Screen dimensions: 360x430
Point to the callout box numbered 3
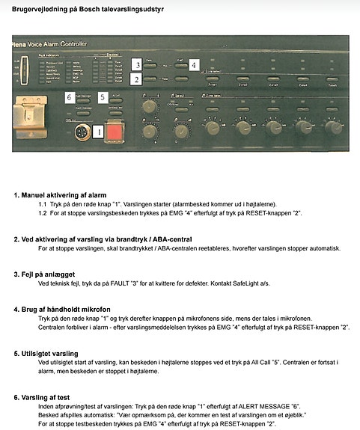pos(136,64)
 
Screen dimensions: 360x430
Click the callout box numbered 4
pos(193,64)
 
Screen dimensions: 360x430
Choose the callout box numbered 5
pos(103,96)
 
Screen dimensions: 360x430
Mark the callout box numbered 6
pos(69,96)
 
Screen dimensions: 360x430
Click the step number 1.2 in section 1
pos(44,213)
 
